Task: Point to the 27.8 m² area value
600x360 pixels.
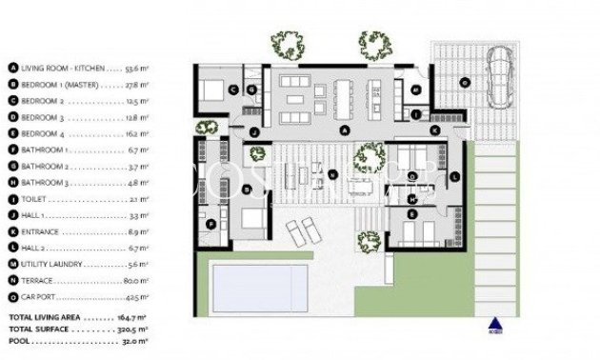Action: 138,85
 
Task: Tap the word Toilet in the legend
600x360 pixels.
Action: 33,199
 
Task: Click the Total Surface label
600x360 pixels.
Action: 39,328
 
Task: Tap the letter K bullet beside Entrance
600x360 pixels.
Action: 12,231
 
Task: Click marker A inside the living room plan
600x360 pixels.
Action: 346,130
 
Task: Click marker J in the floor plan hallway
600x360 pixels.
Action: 255,131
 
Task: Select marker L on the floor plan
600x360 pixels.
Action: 454,176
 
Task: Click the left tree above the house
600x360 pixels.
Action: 286,43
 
